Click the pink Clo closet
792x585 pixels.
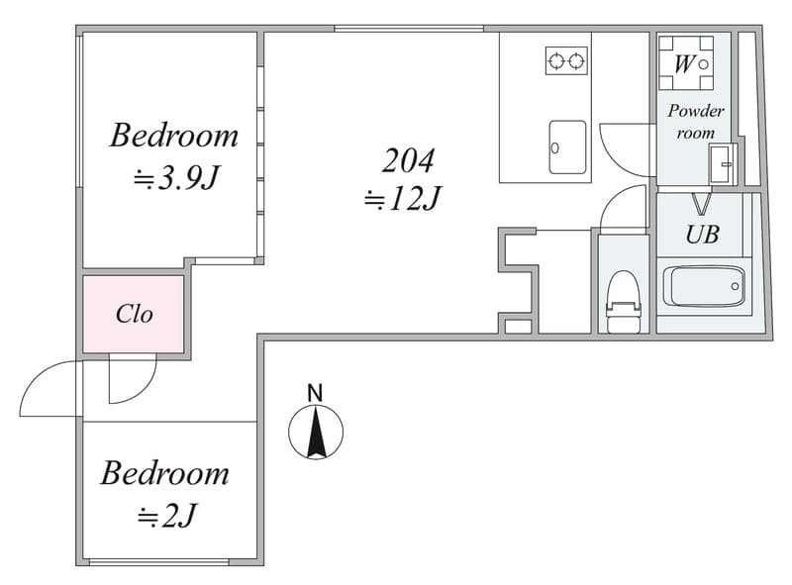(134, 314)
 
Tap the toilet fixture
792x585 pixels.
(624, 302)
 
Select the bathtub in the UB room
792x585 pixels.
(704, 286)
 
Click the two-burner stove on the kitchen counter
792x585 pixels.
(566, 60)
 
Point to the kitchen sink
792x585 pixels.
(567, 146)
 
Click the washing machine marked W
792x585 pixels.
(685, 62)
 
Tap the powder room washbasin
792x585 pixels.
(722, 163)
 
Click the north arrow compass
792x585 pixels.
(316, 432)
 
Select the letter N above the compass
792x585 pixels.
(315, 393)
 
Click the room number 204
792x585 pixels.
(408, 160)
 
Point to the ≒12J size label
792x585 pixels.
(403, 198)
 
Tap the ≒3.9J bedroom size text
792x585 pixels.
(175, 178)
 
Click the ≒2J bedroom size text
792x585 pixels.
(166, 516)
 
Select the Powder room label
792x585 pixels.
(696, 121)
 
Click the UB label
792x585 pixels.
(702, 234)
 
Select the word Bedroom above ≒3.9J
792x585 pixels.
(174, 136)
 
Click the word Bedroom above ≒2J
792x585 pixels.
(164, 473)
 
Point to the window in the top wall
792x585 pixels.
(409, 29)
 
